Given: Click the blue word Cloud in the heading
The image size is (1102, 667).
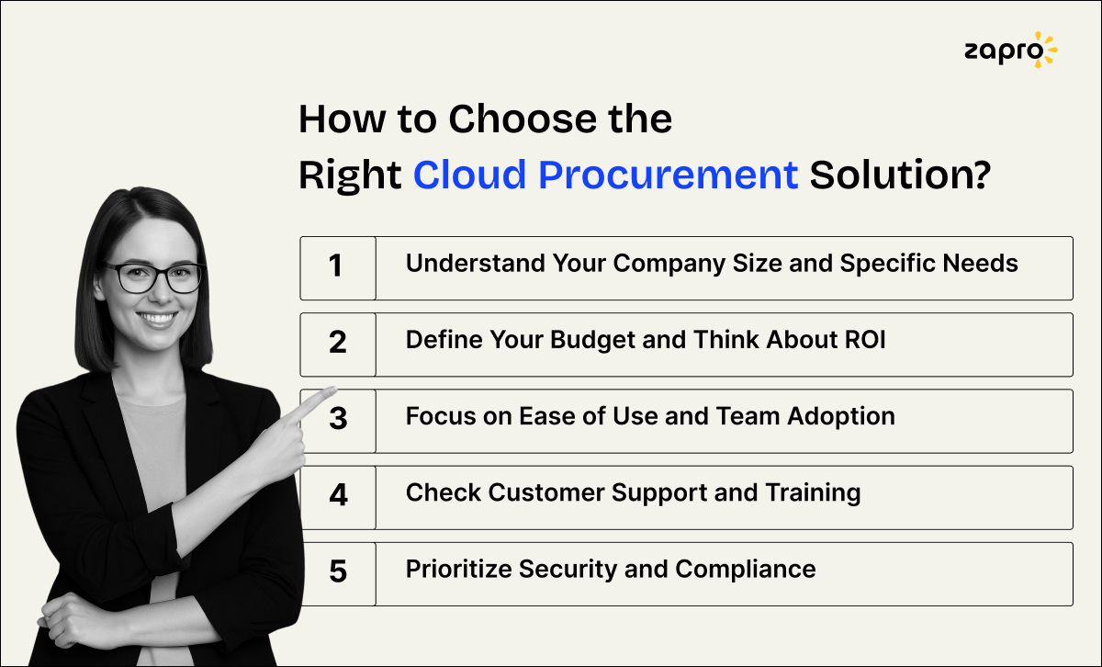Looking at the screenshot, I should pos(468,174).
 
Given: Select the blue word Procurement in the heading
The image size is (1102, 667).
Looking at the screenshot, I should pos(668,174).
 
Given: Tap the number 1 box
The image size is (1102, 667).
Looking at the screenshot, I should pos(337,267).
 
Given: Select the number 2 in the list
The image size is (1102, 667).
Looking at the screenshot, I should pos(337,344).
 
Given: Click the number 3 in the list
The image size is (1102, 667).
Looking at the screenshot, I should pos(338,420).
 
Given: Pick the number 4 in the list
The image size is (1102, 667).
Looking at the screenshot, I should pos(338,496).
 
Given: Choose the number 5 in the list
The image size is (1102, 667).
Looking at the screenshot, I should pos(338,572).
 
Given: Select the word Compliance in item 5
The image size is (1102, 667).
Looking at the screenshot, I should pos(746,569).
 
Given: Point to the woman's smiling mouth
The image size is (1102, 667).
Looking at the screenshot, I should pos(158,319).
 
